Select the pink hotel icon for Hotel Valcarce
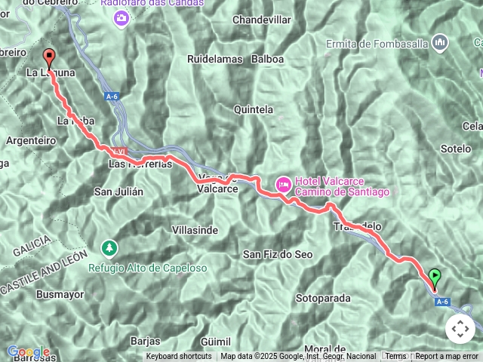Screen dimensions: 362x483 tap(283, 183)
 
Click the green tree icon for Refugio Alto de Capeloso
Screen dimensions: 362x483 tap(110, 247)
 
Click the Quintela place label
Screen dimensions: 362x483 tap(254, 109)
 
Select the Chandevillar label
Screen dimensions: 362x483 tap(261, 19)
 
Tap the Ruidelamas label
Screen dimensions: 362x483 tap(214, 58)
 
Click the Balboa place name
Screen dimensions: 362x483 tap(267, 58)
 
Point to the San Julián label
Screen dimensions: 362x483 tap(118, 192)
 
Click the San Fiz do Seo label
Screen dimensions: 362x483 tap(277, 254)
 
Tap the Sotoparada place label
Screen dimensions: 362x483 tap(323, 298)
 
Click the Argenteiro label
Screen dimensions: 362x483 tap(31, 140)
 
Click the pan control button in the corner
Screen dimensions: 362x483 tap(460, 329)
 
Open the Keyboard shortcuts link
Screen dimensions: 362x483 tap(179, 356)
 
